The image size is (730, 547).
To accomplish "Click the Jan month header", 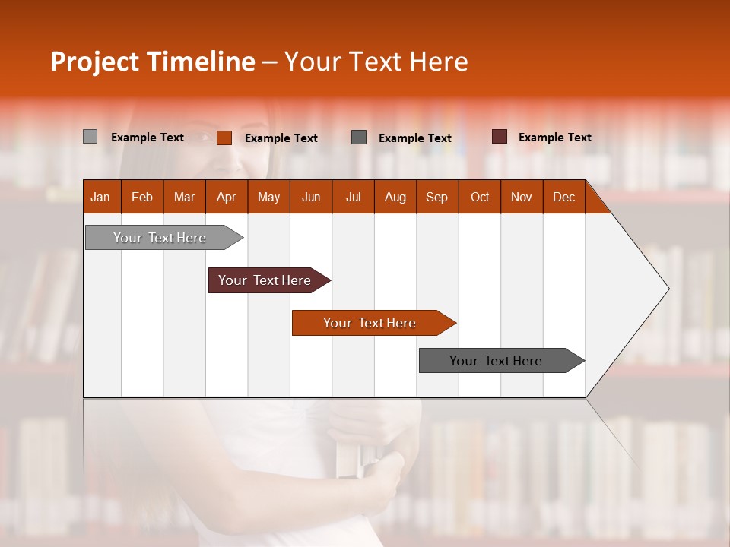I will (x=100, y=197).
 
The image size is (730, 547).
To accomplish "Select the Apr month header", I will (x=226, y=197).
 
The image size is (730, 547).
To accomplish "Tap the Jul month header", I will (x=353, y=197).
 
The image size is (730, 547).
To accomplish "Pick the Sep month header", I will (x=436, y=197).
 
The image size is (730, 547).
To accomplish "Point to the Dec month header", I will (x=563, y=197).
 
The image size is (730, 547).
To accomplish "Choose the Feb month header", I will (x=141, y=197).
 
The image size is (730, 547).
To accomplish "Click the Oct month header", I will (x=480, y=197).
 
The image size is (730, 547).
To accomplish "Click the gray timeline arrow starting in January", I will (x=160, y=238).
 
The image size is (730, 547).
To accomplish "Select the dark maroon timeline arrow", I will (x=265, y=280).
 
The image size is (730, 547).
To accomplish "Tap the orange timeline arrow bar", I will (x=370, y=323).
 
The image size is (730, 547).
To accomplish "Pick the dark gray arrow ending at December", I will (x=496, y=361).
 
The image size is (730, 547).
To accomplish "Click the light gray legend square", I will (x=90, y=137).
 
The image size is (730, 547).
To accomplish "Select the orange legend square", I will (x=224, y=138).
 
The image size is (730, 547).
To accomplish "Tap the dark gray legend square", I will (x=359, y=137).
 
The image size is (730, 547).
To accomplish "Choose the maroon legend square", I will (x=500, y=137).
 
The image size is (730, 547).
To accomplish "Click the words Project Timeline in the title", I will (x=152, y=62).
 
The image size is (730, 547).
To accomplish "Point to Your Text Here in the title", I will (x=376, y=62).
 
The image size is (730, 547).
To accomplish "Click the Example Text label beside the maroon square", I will (x=554, y=138).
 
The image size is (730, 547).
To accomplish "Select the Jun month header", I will (x=311, y=197).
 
